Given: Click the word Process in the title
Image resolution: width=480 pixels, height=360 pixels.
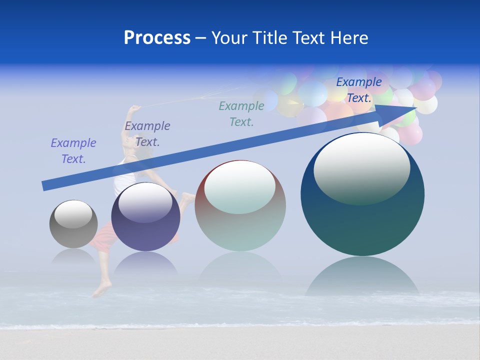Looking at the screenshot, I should [157, 38].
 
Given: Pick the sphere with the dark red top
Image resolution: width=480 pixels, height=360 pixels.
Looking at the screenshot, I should [240, 205].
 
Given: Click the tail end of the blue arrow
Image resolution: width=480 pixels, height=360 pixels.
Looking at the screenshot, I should [45, 186].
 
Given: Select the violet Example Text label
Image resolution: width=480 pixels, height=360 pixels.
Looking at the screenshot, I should [73, 151].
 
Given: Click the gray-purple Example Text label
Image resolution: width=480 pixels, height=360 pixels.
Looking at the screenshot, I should [147, 134].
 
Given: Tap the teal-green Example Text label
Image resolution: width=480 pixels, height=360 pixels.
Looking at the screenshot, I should [241, 113].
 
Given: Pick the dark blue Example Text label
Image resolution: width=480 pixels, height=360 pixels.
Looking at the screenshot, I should [358, 90].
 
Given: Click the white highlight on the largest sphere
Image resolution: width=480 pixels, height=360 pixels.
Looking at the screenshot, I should [361, 167].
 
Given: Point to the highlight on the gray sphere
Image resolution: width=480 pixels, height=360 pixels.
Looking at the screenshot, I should [73, 214].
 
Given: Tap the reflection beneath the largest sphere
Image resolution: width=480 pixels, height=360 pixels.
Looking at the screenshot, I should [362, 277].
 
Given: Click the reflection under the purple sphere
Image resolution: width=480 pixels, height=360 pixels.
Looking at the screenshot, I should [145, 263].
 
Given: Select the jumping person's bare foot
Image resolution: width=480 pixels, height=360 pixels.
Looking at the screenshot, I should [102, 289].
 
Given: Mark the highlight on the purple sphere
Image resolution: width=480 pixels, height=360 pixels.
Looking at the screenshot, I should [145, 202].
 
